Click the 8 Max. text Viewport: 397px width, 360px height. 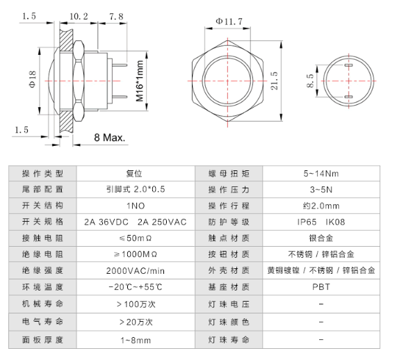click(109, 137)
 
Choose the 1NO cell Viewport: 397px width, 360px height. click(135, 205)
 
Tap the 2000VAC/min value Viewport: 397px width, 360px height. click(135, 270)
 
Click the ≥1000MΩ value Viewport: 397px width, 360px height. click(135, 254)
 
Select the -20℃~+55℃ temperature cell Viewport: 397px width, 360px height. click(135, 286)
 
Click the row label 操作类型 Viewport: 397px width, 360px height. click(43, 173)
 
